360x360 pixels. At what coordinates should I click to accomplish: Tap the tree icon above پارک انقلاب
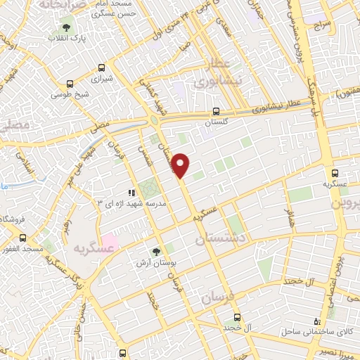[66, 28]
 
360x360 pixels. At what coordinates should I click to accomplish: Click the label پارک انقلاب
[67, 39]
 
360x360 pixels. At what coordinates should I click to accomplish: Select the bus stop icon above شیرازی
[102, 68]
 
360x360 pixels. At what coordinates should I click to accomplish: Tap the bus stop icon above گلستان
[217, 111]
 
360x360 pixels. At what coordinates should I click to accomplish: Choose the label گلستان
[217, 122]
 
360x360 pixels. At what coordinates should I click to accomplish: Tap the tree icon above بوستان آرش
[157, 250]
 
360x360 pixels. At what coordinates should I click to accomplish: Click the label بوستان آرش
[156, 262]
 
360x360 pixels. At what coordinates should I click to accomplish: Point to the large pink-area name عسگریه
[95, 249]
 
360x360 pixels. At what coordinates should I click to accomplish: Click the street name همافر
[287, 219]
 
